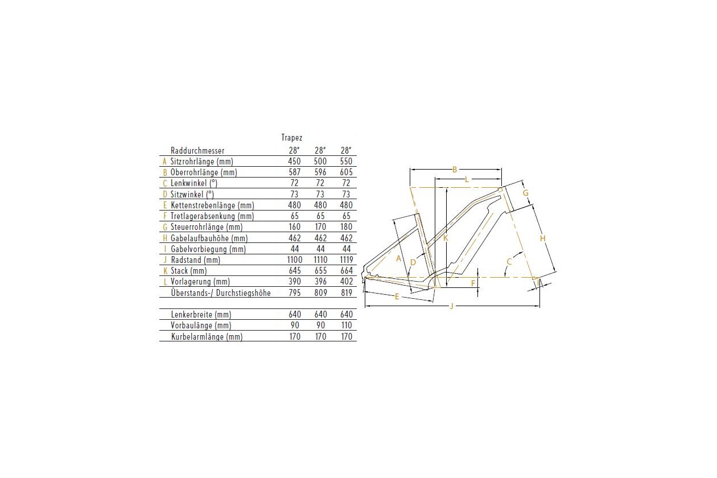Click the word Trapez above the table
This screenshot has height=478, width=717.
pyautogui.click(x=291, y=138)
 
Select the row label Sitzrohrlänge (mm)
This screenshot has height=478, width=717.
pyautogui.click(x=201, y=162)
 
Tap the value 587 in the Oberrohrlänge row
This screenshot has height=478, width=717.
pyautogui.click(x=295, y=172)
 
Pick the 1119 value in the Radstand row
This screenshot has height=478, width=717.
pyautogui.click(x=347, y=259)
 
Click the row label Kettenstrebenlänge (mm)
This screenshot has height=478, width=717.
pyautogui.click(x=213, y=205)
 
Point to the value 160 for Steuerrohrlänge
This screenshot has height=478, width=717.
pyautogui.click(x=295, y=227)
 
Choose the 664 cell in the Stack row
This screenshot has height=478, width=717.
pyautogui.click(x=347, y=270)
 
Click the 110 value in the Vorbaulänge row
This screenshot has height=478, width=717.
pyautogui.click(x=347, y=325)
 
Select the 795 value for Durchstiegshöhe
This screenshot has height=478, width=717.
pyautogui.click(x=295, y=292)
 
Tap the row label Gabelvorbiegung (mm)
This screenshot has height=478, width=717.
pyautogui.click(x=208, y=249)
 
